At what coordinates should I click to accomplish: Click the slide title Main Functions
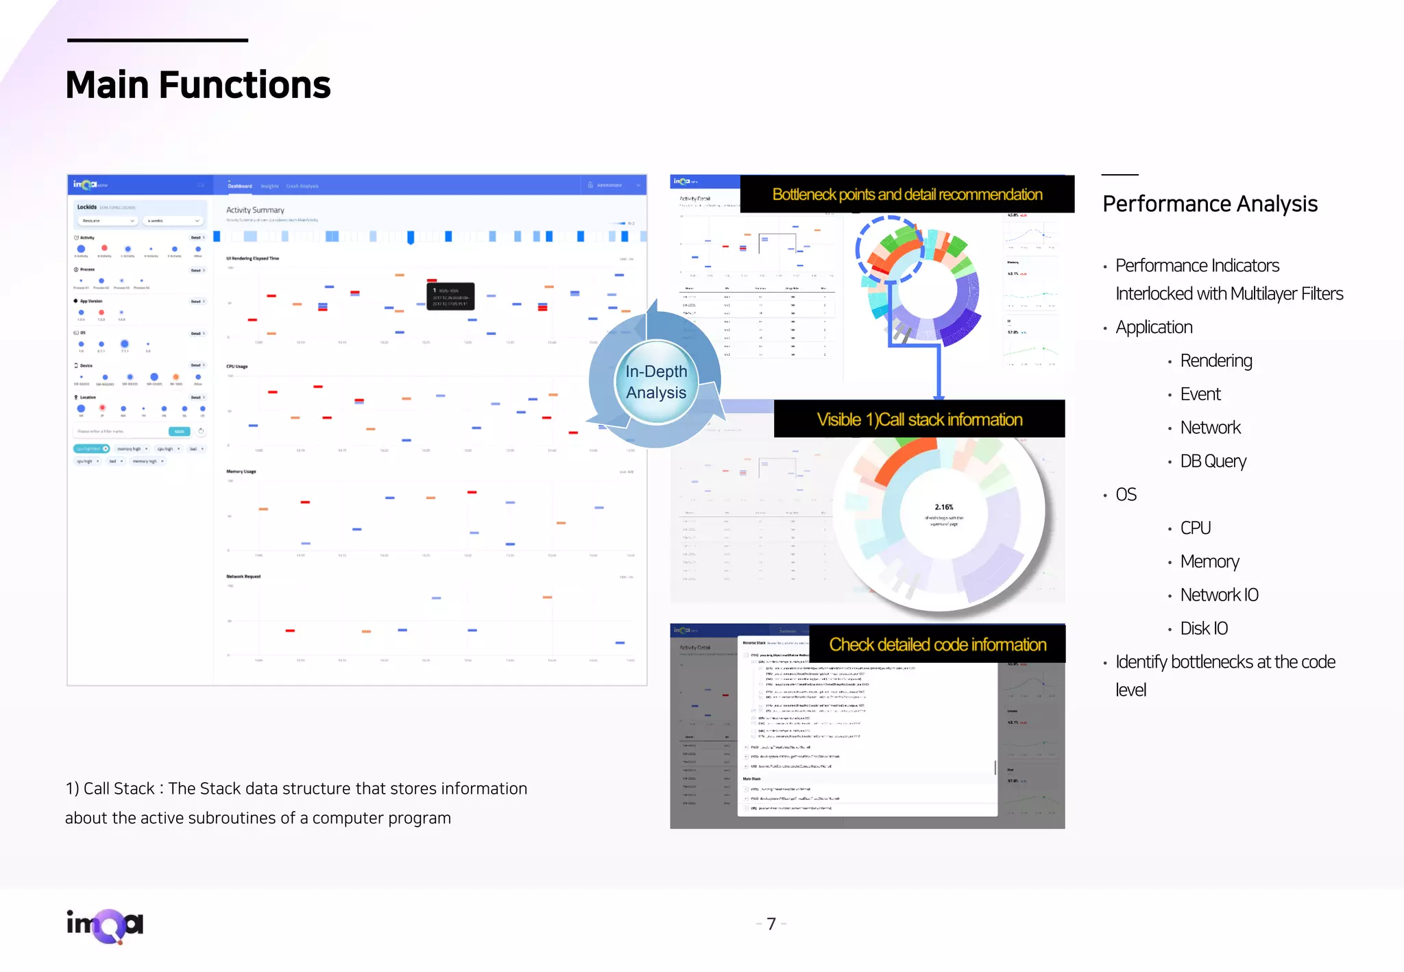pos(198,85)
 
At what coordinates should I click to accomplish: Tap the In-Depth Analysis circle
pos(656,382)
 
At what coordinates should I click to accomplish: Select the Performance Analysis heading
pos(1209,204)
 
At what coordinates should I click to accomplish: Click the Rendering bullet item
pos(1215,361)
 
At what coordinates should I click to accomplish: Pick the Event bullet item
pos(1200,394)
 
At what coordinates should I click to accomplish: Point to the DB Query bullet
pos(1213,461)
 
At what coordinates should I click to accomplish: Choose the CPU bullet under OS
pos(1195,528)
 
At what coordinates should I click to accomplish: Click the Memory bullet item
pos(1209,561)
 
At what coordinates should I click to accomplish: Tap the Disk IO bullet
pos(1203,629)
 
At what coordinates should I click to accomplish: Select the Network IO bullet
pos(1219,595)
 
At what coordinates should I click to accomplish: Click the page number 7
pos(771,924)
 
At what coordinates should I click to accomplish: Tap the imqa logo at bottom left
pos(105,925)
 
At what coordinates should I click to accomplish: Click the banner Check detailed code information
pos(937,644)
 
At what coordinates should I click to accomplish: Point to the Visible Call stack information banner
pos(919,420)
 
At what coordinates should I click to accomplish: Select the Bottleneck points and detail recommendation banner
pos(907,195)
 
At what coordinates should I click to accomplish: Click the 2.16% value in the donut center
pos(944,507)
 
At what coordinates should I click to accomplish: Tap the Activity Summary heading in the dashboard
pos(255,210)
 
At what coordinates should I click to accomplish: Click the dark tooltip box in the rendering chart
pos(450,297)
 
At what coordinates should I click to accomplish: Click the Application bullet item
pos(1154,328)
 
